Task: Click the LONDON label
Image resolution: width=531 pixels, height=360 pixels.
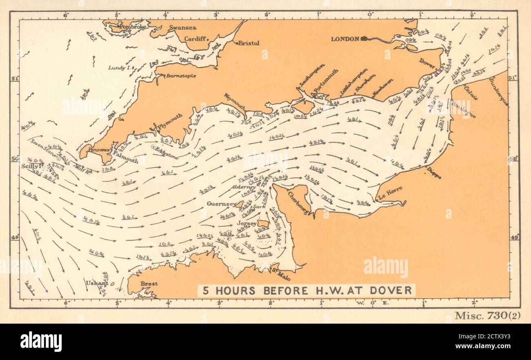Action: coord(345,39)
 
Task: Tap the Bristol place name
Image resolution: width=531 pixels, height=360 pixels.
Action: coord(249,43)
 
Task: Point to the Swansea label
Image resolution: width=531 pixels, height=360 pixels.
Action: coord(183,28)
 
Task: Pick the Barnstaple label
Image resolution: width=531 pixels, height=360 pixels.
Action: coord(181,76)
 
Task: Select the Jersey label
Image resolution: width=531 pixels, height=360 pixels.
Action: coord(247,224)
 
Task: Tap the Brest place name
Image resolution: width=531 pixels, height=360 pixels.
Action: coord(149,283)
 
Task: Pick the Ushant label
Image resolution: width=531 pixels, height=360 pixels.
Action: coord(97,282)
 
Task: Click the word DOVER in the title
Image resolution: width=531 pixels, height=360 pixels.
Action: coord(393,291)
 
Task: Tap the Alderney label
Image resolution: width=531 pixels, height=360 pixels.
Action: coord(243,187)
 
